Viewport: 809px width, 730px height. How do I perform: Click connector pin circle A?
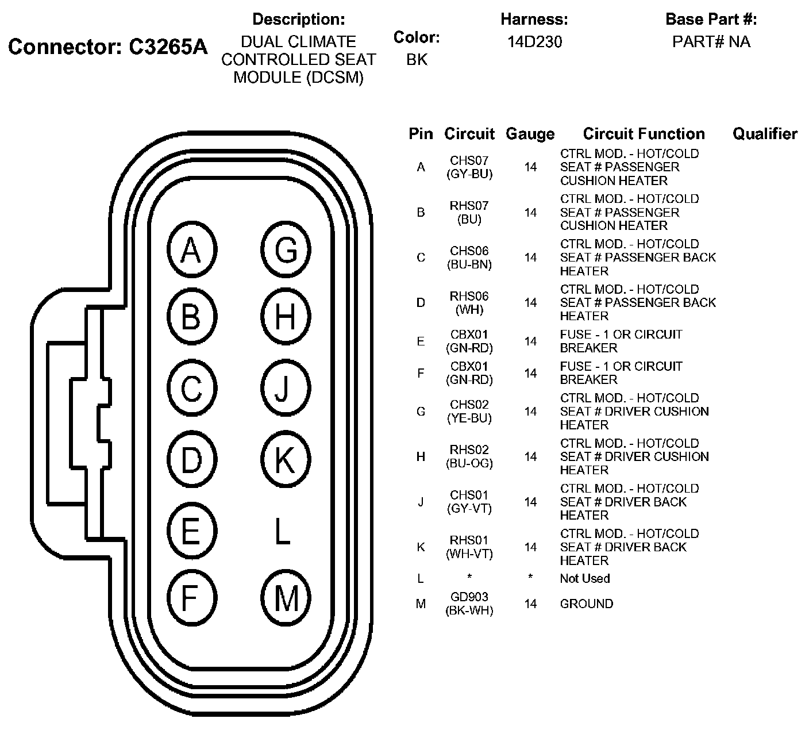[191, 250]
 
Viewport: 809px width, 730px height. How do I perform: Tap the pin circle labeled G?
[286, 250]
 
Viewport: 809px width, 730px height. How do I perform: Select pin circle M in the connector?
[286, 598]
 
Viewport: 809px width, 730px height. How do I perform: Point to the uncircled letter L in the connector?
[282, 531]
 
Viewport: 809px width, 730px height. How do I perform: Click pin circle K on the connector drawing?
[286, 459]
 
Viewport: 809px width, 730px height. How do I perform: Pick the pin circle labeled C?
[191, 389]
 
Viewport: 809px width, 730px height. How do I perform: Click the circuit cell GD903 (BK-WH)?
[469, 604]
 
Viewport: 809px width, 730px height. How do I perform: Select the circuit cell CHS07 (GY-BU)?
[469, 167]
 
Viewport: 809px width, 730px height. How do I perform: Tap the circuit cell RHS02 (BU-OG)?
[469, 456]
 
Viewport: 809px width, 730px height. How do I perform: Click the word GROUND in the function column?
[586, 604]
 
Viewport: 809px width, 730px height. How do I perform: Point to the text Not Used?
[584, 578]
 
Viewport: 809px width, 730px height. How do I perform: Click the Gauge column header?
[530, 134]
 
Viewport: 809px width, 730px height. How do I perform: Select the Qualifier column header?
[764, 134]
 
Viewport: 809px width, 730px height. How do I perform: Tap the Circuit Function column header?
[644, 134]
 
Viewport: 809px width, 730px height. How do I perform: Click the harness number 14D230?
[534, 42]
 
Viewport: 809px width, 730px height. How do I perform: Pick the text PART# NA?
[711, 42]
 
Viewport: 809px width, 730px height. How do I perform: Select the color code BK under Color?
[417, 60]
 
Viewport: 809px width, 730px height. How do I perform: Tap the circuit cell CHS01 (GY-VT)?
[469, 502]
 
